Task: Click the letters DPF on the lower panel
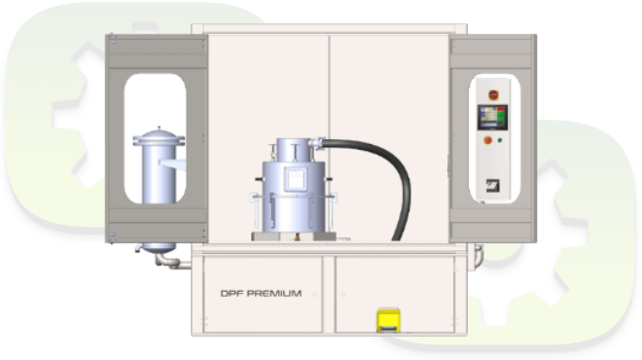pyautogui.click(x=232, y=293)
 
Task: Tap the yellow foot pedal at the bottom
pyautogui.click(x=388, y=320)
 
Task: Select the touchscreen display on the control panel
pyautogui.click(x=492, y=117)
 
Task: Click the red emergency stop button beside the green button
pyautogui.click(x=487, y=140)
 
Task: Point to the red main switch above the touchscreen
pyautogui.click(x=493, y=95)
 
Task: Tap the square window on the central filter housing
pyautogui.click(x=296, y=179)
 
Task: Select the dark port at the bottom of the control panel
pyautogui.click(x=492, y=186)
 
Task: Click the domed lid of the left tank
pyautogui.click(x=159, y=134)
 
